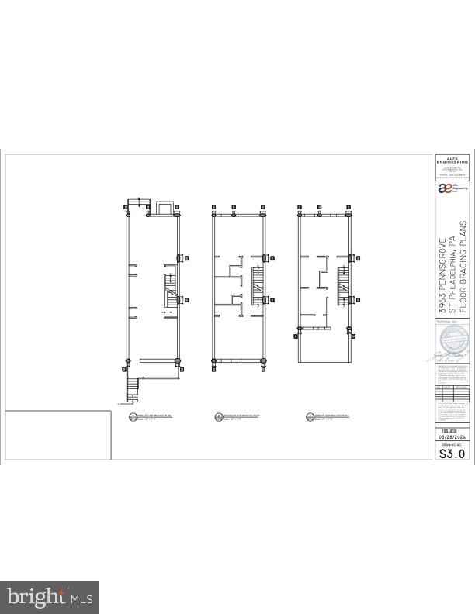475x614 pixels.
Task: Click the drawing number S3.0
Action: click(x=452, y=454)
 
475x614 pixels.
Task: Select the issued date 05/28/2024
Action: click(x=452, y=436)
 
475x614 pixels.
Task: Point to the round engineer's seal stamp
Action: click(x=453, y=341)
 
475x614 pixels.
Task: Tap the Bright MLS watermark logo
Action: click(x=50, y=597)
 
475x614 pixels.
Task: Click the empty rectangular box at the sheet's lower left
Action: click(x=58, y=436)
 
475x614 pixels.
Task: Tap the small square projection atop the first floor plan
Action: click(x=165, y=209)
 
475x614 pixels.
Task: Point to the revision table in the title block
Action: click(x=452, y=392)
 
